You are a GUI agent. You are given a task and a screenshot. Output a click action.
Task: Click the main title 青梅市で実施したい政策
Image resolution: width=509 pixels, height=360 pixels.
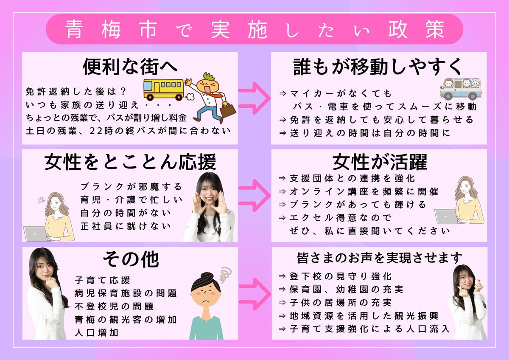[255, 29]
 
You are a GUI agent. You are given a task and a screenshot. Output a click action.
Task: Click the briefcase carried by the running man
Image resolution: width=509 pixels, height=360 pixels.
[227, 110]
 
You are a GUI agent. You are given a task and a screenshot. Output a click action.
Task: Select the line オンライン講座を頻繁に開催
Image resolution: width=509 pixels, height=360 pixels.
[363, 191]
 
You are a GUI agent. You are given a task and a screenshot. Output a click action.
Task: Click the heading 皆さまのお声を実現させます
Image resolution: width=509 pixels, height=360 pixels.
[380, 258]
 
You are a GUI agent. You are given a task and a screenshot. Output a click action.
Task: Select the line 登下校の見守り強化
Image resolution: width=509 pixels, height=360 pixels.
[335, 276]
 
